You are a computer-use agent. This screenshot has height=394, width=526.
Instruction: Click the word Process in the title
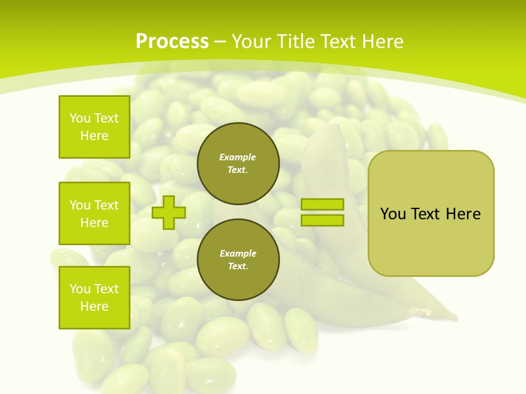172,42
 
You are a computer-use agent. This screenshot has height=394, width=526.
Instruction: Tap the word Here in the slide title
381,42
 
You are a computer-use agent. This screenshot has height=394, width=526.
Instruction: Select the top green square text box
94,127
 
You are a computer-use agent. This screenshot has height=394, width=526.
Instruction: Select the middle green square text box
94,213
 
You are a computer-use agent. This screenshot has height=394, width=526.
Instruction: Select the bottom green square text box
94,298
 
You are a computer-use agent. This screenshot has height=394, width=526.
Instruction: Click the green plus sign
169,212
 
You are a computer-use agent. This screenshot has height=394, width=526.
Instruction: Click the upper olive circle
238,163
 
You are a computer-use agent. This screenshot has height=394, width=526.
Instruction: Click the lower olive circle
238,259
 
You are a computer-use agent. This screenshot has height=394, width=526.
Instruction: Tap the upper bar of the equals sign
322,205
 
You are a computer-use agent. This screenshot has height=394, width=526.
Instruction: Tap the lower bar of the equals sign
322,220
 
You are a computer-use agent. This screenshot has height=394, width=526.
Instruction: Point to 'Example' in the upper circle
238,157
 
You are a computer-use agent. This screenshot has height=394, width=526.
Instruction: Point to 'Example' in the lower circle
238,253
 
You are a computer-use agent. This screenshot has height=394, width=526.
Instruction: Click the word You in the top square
80,118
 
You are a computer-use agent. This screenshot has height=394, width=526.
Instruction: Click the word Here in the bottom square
94,306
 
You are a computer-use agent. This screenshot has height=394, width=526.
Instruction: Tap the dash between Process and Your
220,42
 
